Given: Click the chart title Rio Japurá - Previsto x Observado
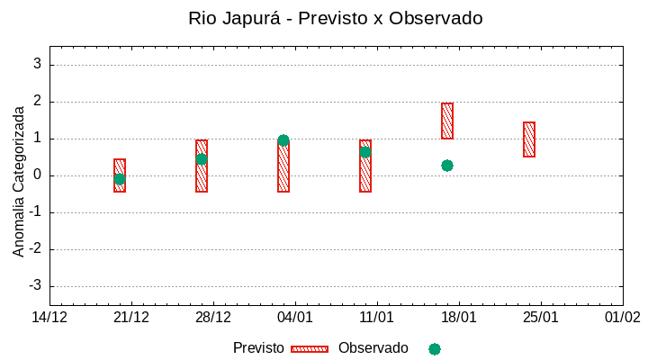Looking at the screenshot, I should (x=335, y=18).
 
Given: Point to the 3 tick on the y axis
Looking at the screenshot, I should (x=37, y=65).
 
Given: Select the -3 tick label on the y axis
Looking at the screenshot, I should (x=34, y=286).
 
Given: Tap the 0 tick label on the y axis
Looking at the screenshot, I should (x=37, y=175).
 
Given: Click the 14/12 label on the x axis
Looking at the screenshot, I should (x=49, y=318).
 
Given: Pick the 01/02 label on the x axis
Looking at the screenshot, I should (x=622, y=318).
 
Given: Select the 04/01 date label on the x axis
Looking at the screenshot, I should (x=294, y=318).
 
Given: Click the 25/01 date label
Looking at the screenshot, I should (x=540, y=318).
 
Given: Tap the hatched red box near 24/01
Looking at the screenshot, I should (x=529, y=139).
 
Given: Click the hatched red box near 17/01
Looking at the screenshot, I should (x=447, y=121).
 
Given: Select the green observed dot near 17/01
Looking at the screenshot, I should (x=447, y=166).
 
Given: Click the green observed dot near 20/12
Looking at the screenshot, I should (x=120, y=179).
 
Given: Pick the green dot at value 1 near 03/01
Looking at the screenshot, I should (x=283, y=140).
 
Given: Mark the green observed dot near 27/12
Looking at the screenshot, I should (x=202, y=159).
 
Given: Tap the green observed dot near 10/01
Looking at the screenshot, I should (x=365, y=152).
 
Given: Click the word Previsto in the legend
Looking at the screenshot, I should (x=258, y=348).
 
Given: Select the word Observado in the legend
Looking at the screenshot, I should (x=373, y=348).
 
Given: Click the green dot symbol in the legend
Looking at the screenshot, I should (x=435, y=349).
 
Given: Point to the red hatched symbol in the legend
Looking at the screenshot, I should (x=310, y=349).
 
